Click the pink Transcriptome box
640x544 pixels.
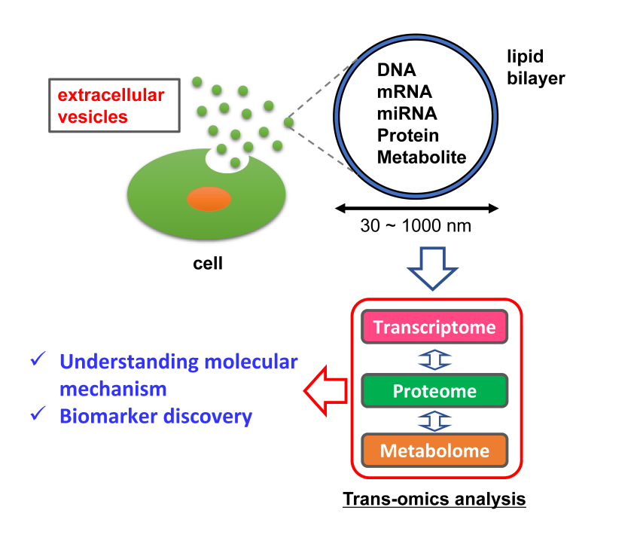[x=434, y=328]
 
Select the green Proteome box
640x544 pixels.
[x=434, y=391]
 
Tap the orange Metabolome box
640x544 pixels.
[x=434, y=451]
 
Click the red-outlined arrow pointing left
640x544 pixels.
[x=325, y=391]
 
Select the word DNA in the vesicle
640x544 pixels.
[x=397, y=70]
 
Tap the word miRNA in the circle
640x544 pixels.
[x=407, y=114]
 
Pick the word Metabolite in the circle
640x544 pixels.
[x=422, y=157]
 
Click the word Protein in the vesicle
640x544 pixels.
[x=408, y=136]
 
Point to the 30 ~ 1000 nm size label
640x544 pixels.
[x=416, y=226]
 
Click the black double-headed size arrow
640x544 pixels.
[x=416, y=207]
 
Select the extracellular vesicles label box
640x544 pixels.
[x=114, y=105]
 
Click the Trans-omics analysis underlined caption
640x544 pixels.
[x=434, y=499]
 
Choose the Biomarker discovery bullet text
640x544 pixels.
[x=156, y=416]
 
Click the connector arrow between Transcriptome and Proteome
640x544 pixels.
[x=434, y=360]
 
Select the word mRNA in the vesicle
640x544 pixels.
[x=405, y=92]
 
